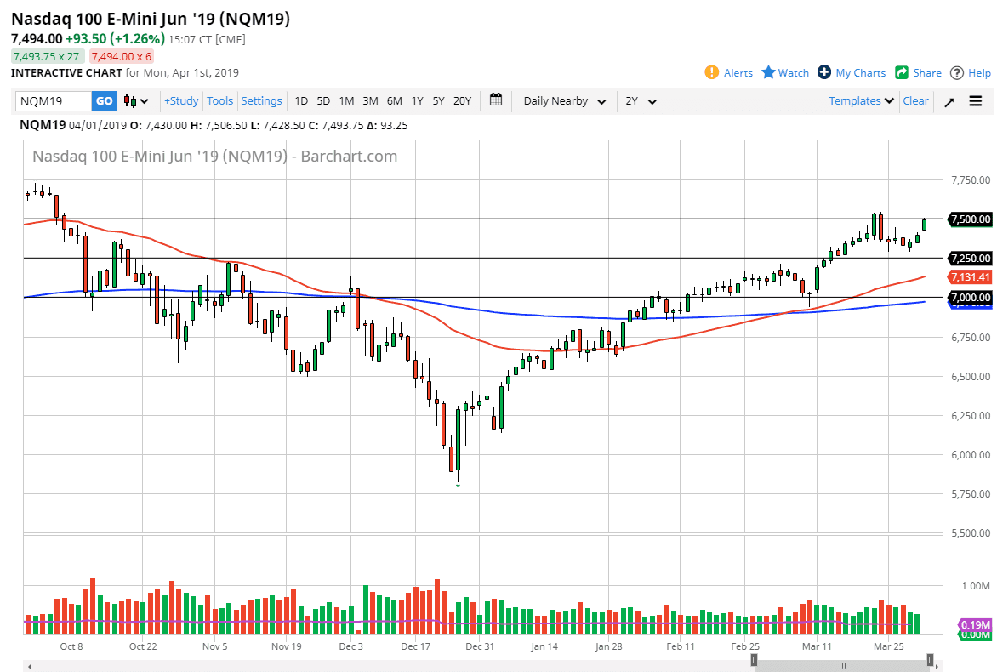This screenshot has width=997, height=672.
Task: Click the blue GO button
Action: click(x=104, y=101)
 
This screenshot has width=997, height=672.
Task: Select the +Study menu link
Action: click(x=181, y=101)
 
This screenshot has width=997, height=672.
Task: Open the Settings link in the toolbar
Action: click(x=261, y=101)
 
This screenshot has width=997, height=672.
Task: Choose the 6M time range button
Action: click(x=394, y=101)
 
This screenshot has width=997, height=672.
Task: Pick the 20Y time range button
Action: click(x=462, y=101)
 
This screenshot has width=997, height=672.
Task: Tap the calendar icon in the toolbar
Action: click(x=497, y=100)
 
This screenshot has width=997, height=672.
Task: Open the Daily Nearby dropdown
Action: click(x=564, y=101)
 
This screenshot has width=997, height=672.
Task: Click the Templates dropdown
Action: click(x=862, y=100)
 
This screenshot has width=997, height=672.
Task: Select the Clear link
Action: click(x=915, y=100)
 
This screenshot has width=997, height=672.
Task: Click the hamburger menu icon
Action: click(x=975, y=101)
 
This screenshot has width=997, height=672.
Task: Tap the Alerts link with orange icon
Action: click(x=728, y=72)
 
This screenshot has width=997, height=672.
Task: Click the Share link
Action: click(x=918, y=72)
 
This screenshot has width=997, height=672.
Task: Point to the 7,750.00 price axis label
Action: click(x=970, y=180)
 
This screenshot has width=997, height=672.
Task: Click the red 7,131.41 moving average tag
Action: click(x=970, y=277)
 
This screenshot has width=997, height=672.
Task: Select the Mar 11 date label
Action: click(x=818, y=646)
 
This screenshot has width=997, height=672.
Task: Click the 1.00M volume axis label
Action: click(x=974, y=586)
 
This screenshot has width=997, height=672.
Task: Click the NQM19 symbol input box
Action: click(x=54, y=101)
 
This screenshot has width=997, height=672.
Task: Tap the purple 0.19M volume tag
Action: click(x=973, y=624)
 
